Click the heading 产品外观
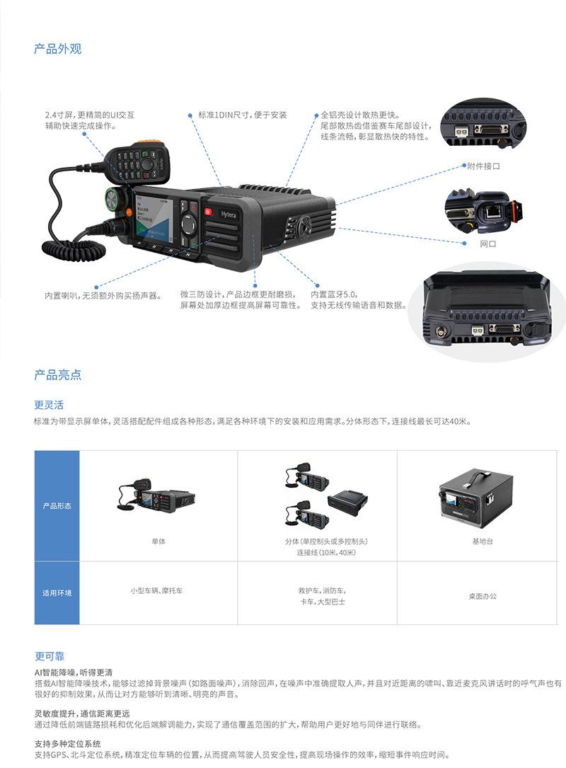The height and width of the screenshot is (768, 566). [x=58, y=49]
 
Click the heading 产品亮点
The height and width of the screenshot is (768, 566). [x=58, y=374]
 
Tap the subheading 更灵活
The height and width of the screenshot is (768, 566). [x=49, y=405]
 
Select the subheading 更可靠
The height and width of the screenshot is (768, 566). [x=49, y=656]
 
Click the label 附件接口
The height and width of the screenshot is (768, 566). [x=483, y=166]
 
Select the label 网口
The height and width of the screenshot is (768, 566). [x=488, y=243]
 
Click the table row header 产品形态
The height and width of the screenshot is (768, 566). [x=57, y=506]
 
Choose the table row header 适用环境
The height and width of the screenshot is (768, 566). [x=57, y=593]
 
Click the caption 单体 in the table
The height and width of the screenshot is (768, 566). [x=158, y=541]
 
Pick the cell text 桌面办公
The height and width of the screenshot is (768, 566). [x=482, y=597]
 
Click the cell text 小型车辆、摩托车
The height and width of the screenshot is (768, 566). [x=156, y=590]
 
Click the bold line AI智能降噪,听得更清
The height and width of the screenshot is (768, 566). [x=74, y=672]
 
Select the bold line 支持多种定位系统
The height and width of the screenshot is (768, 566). [x=67, y=744]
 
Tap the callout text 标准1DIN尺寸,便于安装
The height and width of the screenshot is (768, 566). [x=243, y=115]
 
